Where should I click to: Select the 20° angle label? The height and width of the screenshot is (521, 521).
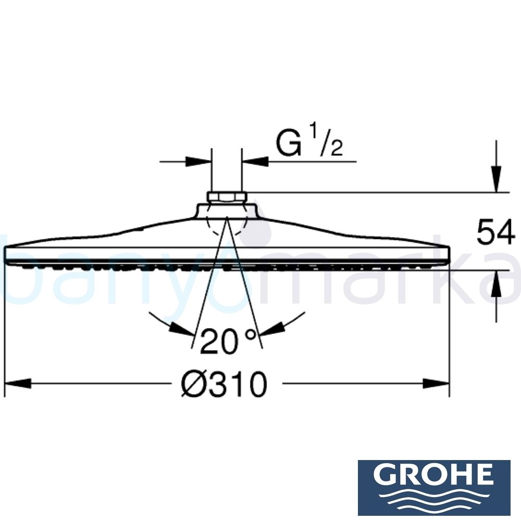click(228, 342)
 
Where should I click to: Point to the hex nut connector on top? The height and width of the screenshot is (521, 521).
click(227, 197)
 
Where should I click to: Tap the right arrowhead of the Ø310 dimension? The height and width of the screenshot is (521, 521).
click(438, 384)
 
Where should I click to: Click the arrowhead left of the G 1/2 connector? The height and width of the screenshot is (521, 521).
click(201, 162)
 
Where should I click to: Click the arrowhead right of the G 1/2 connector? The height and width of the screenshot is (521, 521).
click(254, 162)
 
